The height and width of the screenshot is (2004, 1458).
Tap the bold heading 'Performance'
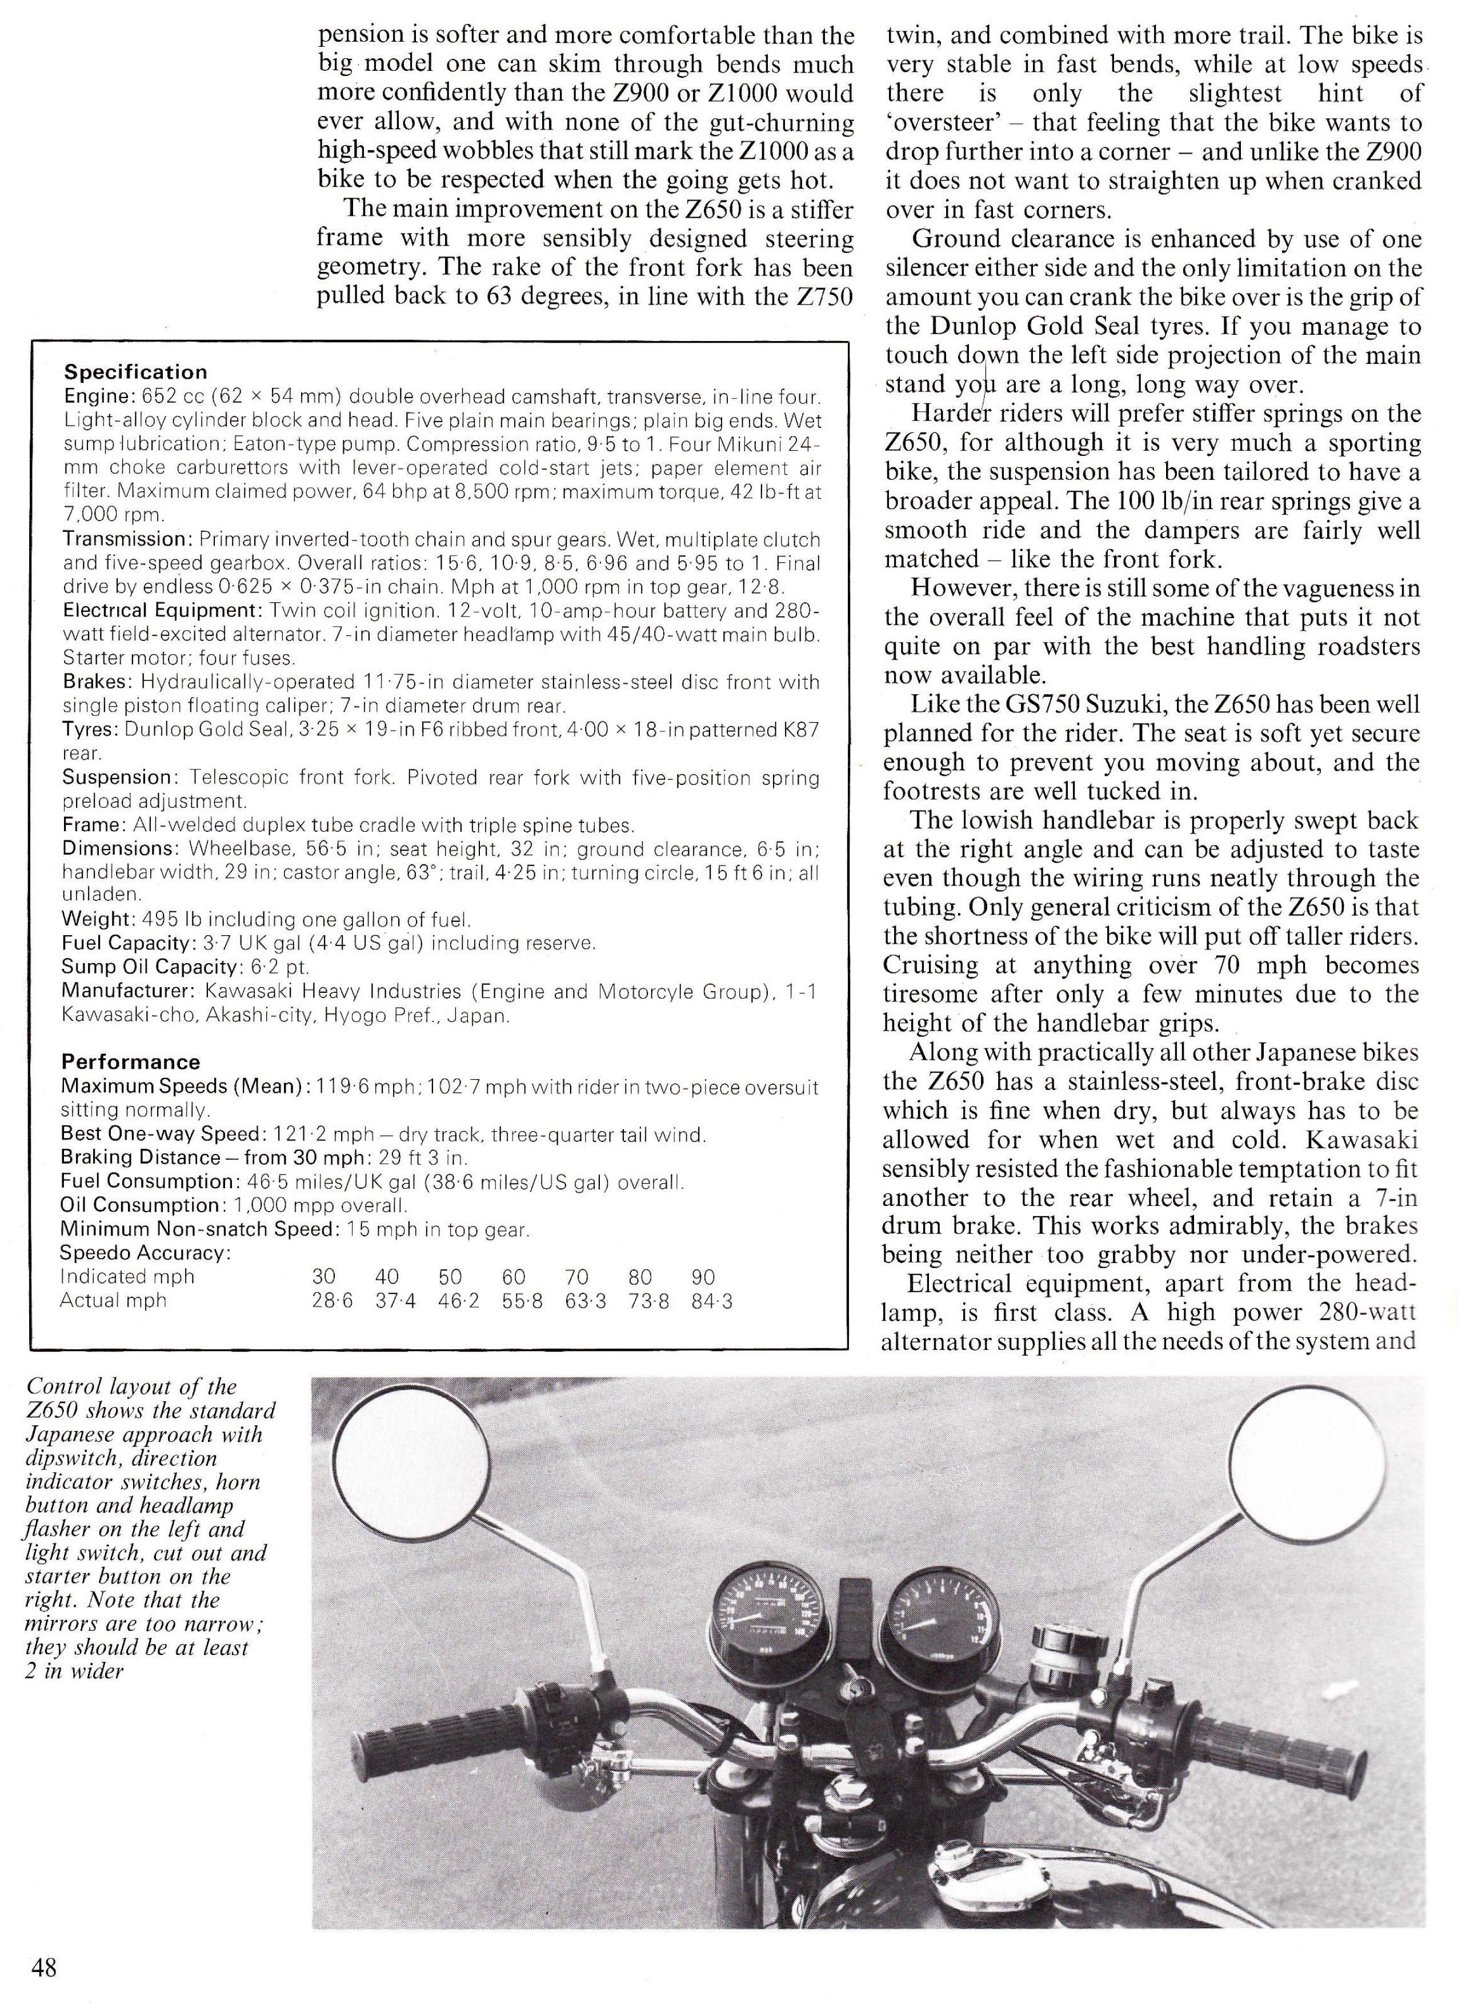coord(131,1062)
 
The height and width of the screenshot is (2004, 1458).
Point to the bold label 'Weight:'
coord(94,920)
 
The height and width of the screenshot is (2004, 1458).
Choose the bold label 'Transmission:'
coord(127,539)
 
